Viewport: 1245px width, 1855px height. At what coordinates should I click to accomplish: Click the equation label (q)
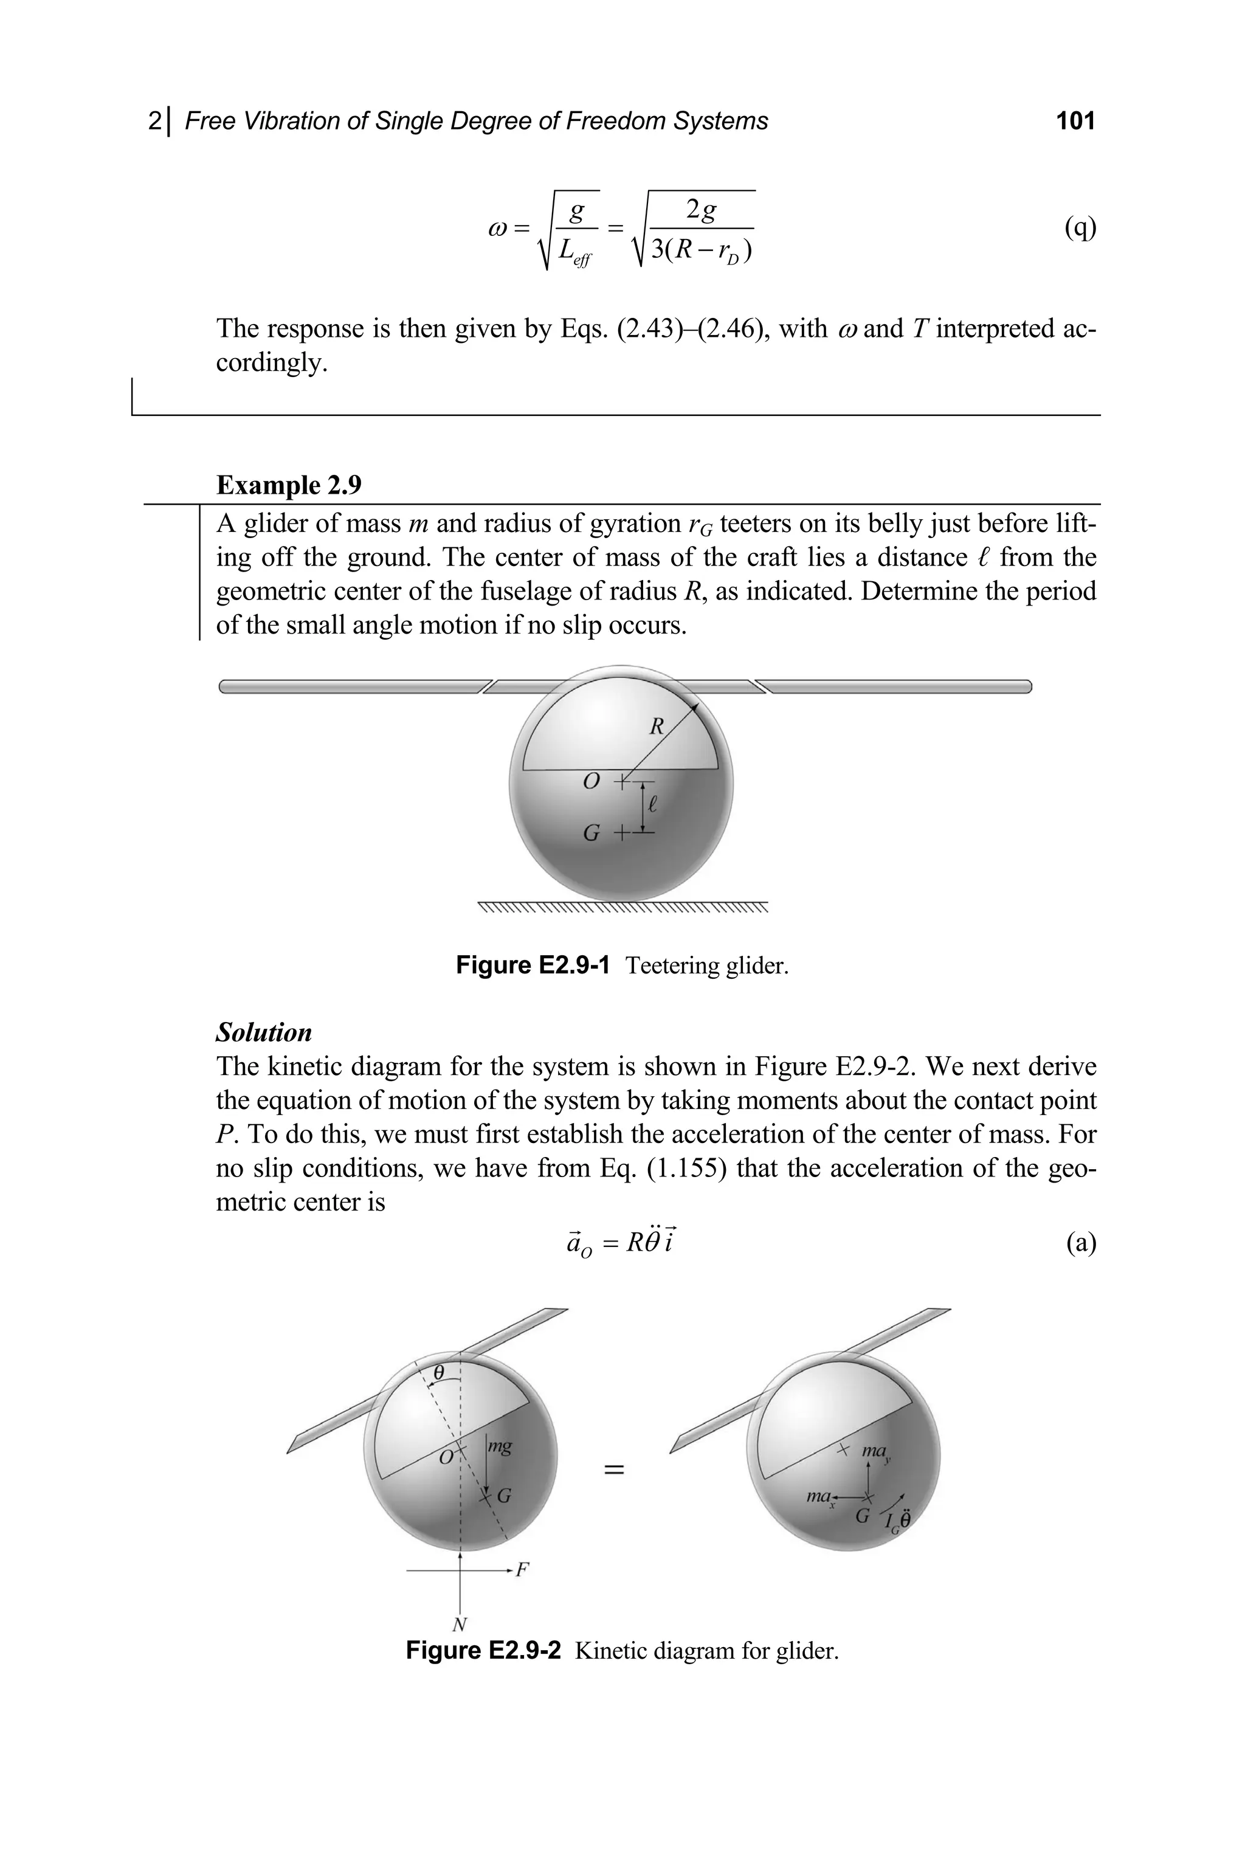click(x=1080, y=228)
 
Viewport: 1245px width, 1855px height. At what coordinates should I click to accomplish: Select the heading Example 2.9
click(x=289, y=485)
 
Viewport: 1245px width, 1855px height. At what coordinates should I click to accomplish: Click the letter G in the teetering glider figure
click(x=591, y=833)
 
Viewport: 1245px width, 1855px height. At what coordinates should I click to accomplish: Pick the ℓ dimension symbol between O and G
click(x=653, y=805)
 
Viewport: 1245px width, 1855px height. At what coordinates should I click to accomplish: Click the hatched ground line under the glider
click(x=623, y=908)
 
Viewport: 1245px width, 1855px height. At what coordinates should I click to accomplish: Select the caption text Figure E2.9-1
click(x=533, y=965)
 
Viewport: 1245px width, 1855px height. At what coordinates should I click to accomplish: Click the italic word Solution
click(x=264, y=1032)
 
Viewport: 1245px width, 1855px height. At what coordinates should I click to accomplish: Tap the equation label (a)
click(x=1081, y=1242)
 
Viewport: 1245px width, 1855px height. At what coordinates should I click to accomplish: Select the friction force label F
click(x=522, y=1569)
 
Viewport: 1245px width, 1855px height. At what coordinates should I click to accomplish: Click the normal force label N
click(x=459, y=1625)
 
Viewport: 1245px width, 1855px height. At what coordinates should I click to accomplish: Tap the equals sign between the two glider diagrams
click(x=614, y=1470)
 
